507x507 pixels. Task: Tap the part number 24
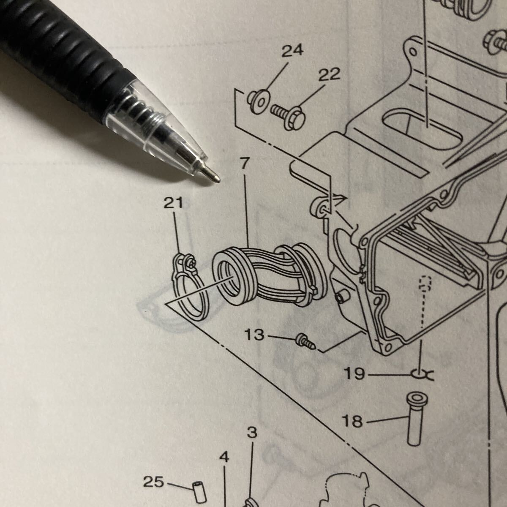[292, 51]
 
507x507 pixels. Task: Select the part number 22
[329, 75]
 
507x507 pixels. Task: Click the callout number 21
[174, 204]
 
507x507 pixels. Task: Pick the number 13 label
[255, 335]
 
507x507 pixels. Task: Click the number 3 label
[252, 432]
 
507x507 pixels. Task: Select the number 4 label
[224, 457]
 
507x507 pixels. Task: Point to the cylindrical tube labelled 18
[414, 418]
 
